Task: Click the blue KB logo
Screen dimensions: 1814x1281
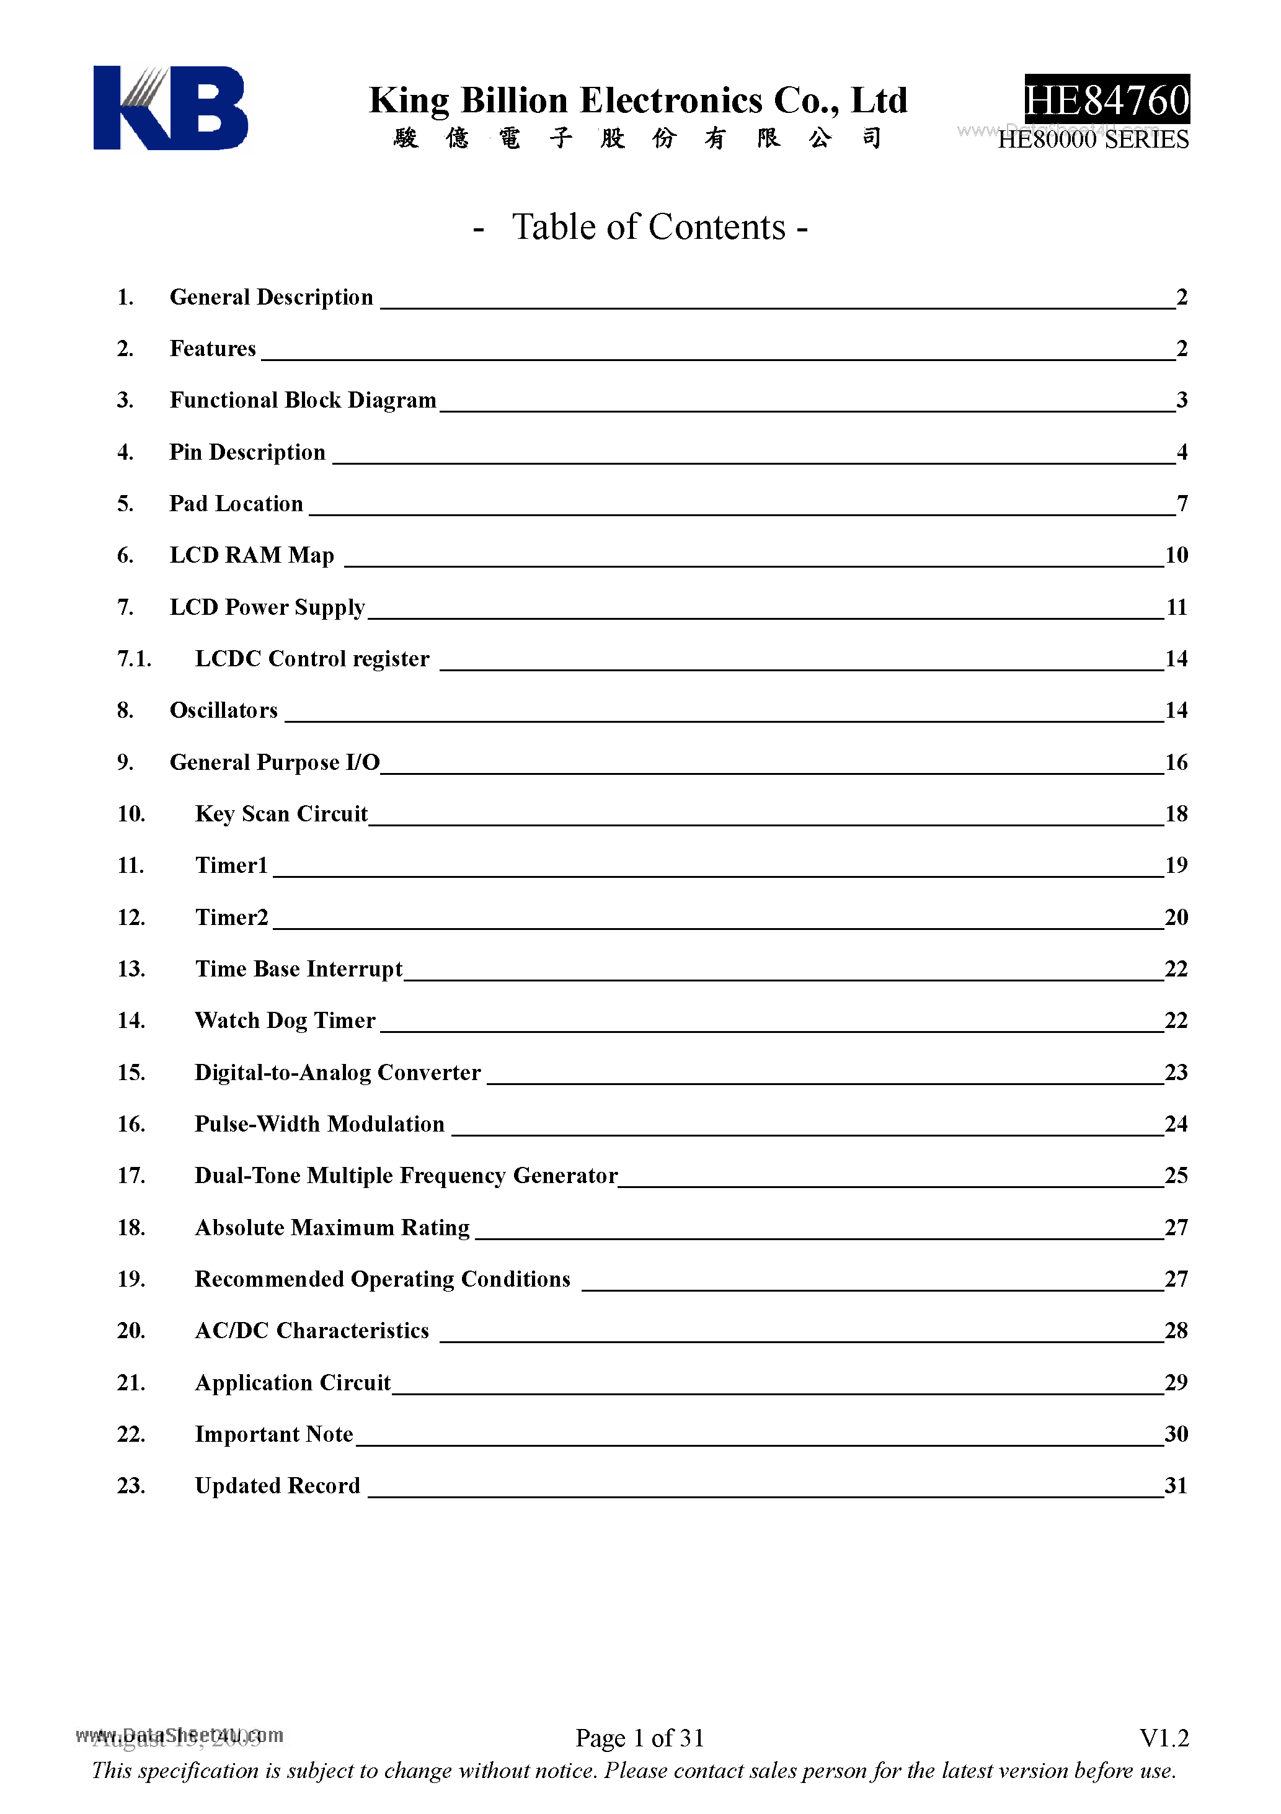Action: tap(170, 107)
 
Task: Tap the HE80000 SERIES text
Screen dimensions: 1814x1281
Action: tap(1093, 140)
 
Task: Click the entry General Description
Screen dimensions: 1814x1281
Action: tap(271, 297)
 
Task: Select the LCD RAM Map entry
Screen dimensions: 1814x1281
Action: tap(251, 555)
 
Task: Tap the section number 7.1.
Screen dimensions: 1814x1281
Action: tap(133, 659)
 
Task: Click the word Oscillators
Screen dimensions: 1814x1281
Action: tap(223, 710)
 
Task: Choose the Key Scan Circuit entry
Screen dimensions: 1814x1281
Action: tap(281, 814)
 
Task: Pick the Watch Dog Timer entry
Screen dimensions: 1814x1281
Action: tap(285, 1021)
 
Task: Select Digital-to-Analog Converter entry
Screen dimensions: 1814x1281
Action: tap(337, 1072)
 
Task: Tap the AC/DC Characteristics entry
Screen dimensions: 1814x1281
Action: tap(311, 1331)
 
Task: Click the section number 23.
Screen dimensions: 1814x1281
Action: tap(130, 1485)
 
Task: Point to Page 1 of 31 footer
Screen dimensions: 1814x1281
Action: tap(639, 1738)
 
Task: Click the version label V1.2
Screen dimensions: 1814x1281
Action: tap(1163, 1738)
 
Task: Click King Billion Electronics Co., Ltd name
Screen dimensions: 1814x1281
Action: tap(638, 101)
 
